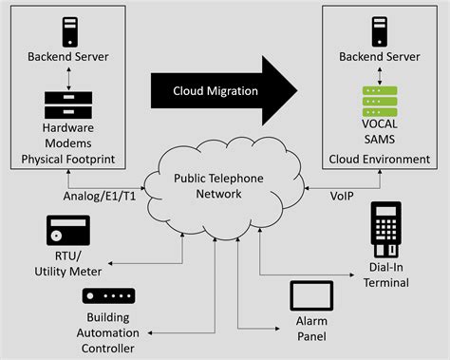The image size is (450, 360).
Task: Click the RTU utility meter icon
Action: pos(67,232)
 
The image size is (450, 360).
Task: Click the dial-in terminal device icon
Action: pos(384,229)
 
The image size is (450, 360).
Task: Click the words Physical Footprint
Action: pos(67,158)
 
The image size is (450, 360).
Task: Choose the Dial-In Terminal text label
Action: pos(384,275)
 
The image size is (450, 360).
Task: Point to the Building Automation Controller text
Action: pos(103,333)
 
